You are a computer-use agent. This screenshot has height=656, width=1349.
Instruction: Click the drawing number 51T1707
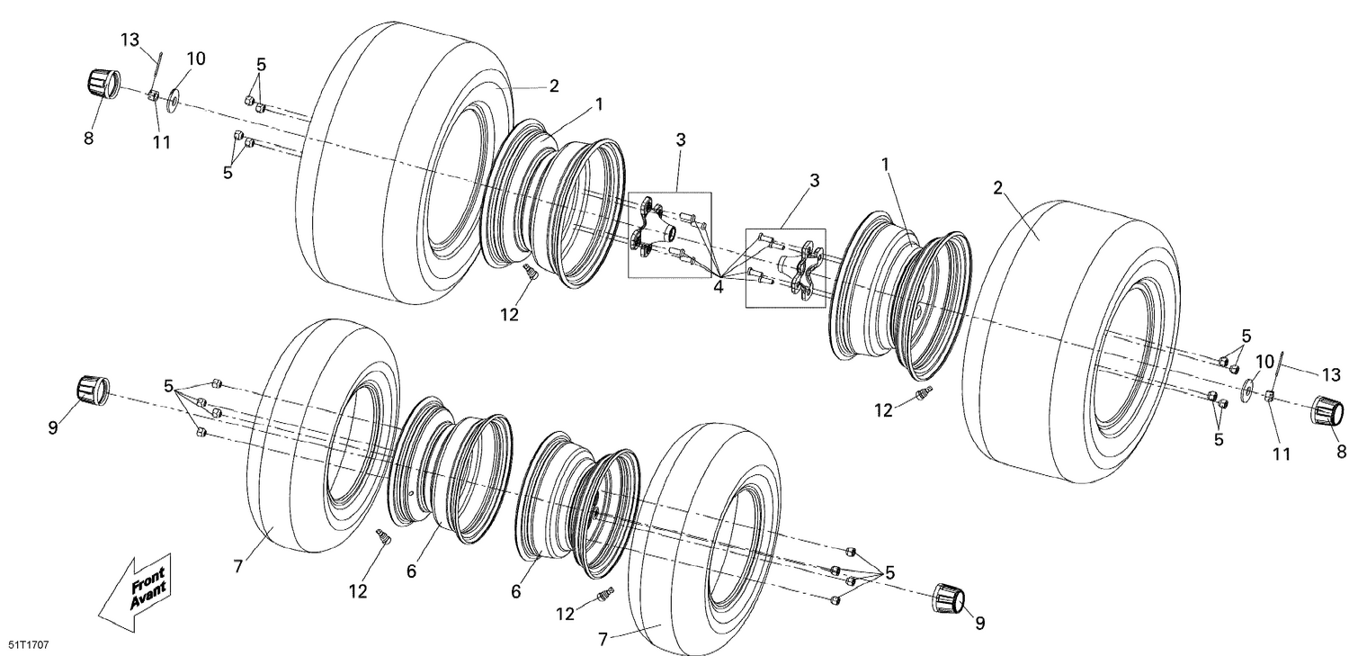[29, 645]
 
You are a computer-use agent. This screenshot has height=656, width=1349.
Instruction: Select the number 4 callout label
[719, 287]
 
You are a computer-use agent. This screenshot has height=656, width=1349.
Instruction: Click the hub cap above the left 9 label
[90, 391]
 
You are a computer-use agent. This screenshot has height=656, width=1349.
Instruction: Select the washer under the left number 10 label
[173, 94]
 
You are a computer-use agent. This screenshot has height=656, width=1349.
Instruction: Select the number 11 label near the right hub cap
[1281, 454]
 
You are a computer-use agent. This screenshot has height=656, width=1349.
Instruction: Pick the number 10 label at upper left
[195, 58]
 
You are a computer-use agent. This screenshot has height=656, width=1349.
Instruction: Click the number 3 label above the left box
[681, 140]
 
